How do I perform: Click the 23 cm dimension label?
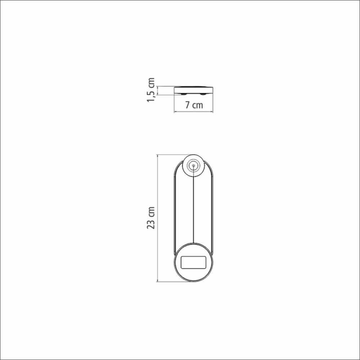click(x=151, y=218)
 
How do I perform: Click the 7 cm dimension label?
click(x=194, y=105)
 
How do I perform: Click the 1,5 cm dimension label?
click(x=151, y=90)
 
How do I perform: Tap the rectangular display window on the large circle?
click(x=194, y=262)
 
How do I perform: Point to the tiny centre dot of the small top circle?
click(x=194, y=165)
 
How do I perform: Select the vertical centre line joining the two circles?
click(x=194, y=204)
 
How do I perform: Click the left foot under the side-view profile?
click(x=184, y=94)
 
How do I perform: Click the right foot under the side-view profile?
click(x=203, y=94)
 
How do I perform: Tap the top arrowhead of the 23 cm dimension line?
click(x=158, y=156)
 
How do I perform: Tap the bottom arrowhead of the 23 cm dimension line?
click(x=158, y=280)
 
